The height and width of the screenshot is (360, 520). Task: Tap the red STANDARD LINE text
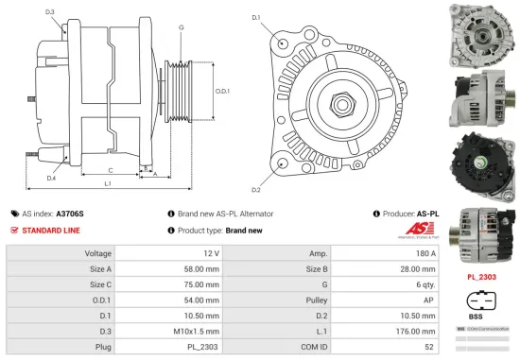pos(51,230)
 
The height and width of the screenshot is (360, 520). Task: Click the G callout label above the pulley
pos(181,27)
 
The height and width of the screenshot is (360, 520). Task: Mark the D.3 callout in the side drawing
pos(49,11)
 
